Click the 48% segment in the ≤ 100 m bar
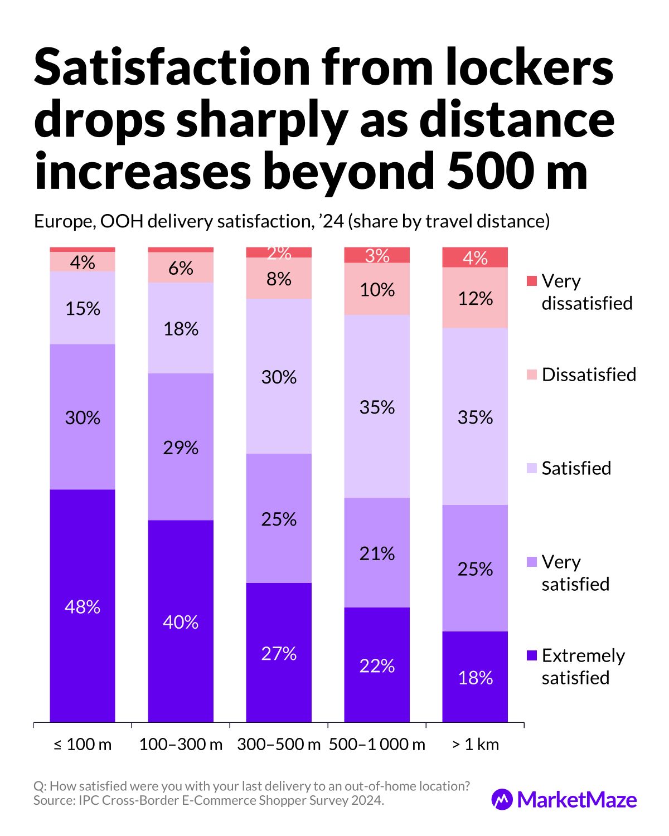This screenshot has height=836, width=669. click(x=83, y=606)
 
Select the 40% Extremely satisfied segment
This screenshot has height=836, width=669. click(x=181, y=621)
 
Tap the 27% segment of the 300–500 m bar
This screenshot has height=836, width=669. click(x=279, y=653)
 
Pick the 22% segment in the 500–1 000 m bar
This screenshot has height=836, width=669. click(x=377, y=665)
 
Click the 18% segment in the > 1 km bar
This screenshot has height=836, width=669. click(x=475, y=677)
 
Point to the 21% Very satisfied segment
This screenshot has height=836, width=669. click(x=377, y=552)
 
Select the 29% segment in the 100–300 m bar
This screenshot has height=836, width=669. click(x=181, y=446)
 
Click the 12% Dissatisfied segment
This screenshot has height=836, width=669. click(x=475, y=298)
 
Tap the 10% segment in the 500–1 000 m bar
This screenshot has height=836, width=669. click(x=377, y=289)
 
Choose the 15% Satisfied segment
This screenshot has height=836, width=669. click(x=83, y=308)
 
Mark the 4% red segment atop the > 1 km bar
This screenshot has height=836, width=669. click(x=475, y=257)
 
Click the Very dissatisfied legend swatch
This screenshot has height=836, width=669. click(x=532, y=281)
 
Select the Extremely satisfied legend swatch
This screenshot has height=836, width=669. click(x=532, y=655)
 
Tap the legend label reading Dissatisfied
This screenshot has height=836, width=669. click(x=589, y=375)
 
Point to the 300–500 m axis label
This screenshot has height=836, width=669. click(x=279, y=745)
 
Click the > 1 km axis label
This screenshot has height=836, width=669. click(x=475, y=745)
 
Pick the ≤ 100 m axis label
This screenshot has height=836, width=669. click(x=83, y=745)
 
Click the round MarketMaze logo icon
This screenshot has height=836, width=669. click(x=502, y=800)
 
